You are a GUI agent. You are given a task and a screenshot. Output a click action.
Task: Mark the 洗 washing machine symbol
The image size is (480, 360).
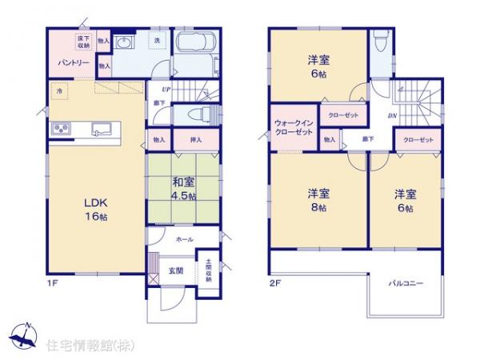pyautogui.click(x=157, y=40)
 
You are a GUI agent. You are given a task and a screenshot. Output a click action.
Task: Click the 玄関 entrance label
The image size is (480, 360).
pyautogui.click(x=176, y=271)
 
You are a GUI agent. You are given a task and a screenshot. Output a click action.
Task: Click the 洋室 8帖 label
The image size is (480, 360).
pyautogui.click(x=318, y=200)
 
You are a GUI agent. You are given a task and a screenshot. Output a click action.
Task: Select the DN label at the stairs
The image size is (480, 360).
pyautogui.click(x=394, y=115)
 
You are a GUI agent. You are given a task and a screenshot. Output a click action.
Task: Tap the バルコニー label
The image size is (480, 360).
pyautogui.click(x=406, y=284)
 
